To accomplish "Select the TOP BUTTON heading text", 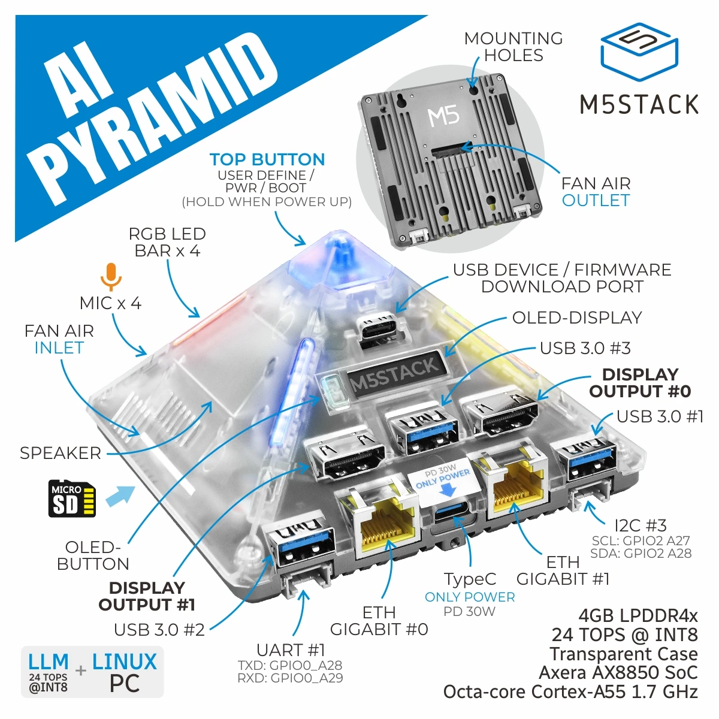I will point(267,159).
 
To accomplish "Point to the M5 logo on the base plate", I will point(443,116).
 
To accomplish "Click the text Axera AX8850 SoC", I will point(618,673).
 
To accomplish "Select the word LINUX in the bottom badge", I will point(124,662).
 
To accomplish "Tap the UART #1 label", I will point(290,650).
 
